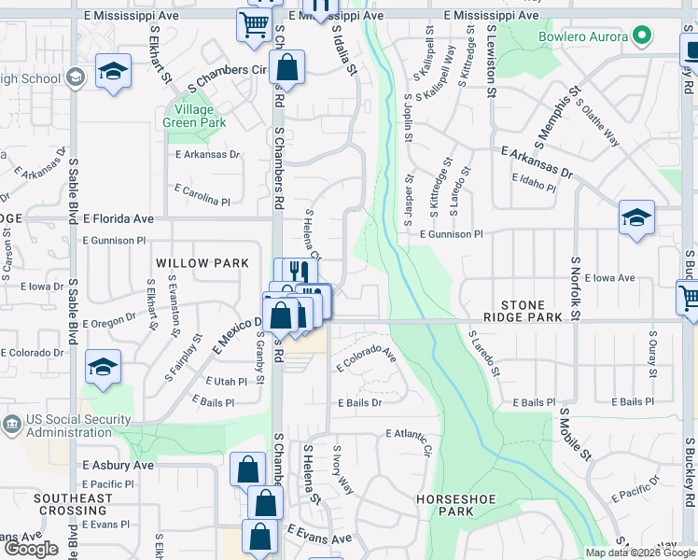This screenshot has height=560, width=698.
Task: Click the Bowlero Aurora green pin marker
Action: tap(641, 36)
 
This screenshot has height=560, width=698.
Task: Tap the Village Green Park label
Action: tap(194, 116)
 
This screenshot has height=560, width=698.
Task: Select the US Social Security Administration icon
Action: tap(11, 424)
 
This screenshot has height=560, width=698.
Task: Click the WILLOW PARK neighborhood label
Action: tap(202, 264)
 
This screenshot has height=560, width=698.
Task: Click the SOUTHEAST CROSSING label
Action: tap(73, 505)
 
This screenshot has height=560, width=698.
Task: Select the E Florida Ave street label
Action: tap(118, 218)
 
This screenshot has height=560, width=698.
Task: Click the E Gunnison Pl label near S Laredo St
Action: tap(451, 235)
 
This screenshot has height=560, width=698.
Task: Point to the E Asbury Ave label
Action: tap(118, 465)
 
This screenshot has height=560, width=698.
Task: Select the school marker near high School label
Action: tap(113, 72)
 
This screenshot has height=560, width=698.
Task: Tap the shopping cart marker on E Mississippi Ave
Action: tap(253, 25)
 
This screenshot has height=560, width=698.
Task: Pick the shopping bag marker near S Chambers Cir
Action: tap(286, 67)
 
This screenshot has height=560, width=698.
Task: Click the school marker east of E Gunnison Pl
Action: tap(635, 218)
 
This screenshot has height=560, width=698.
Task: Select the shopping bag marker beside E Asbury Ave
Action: tap(248, 469)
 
